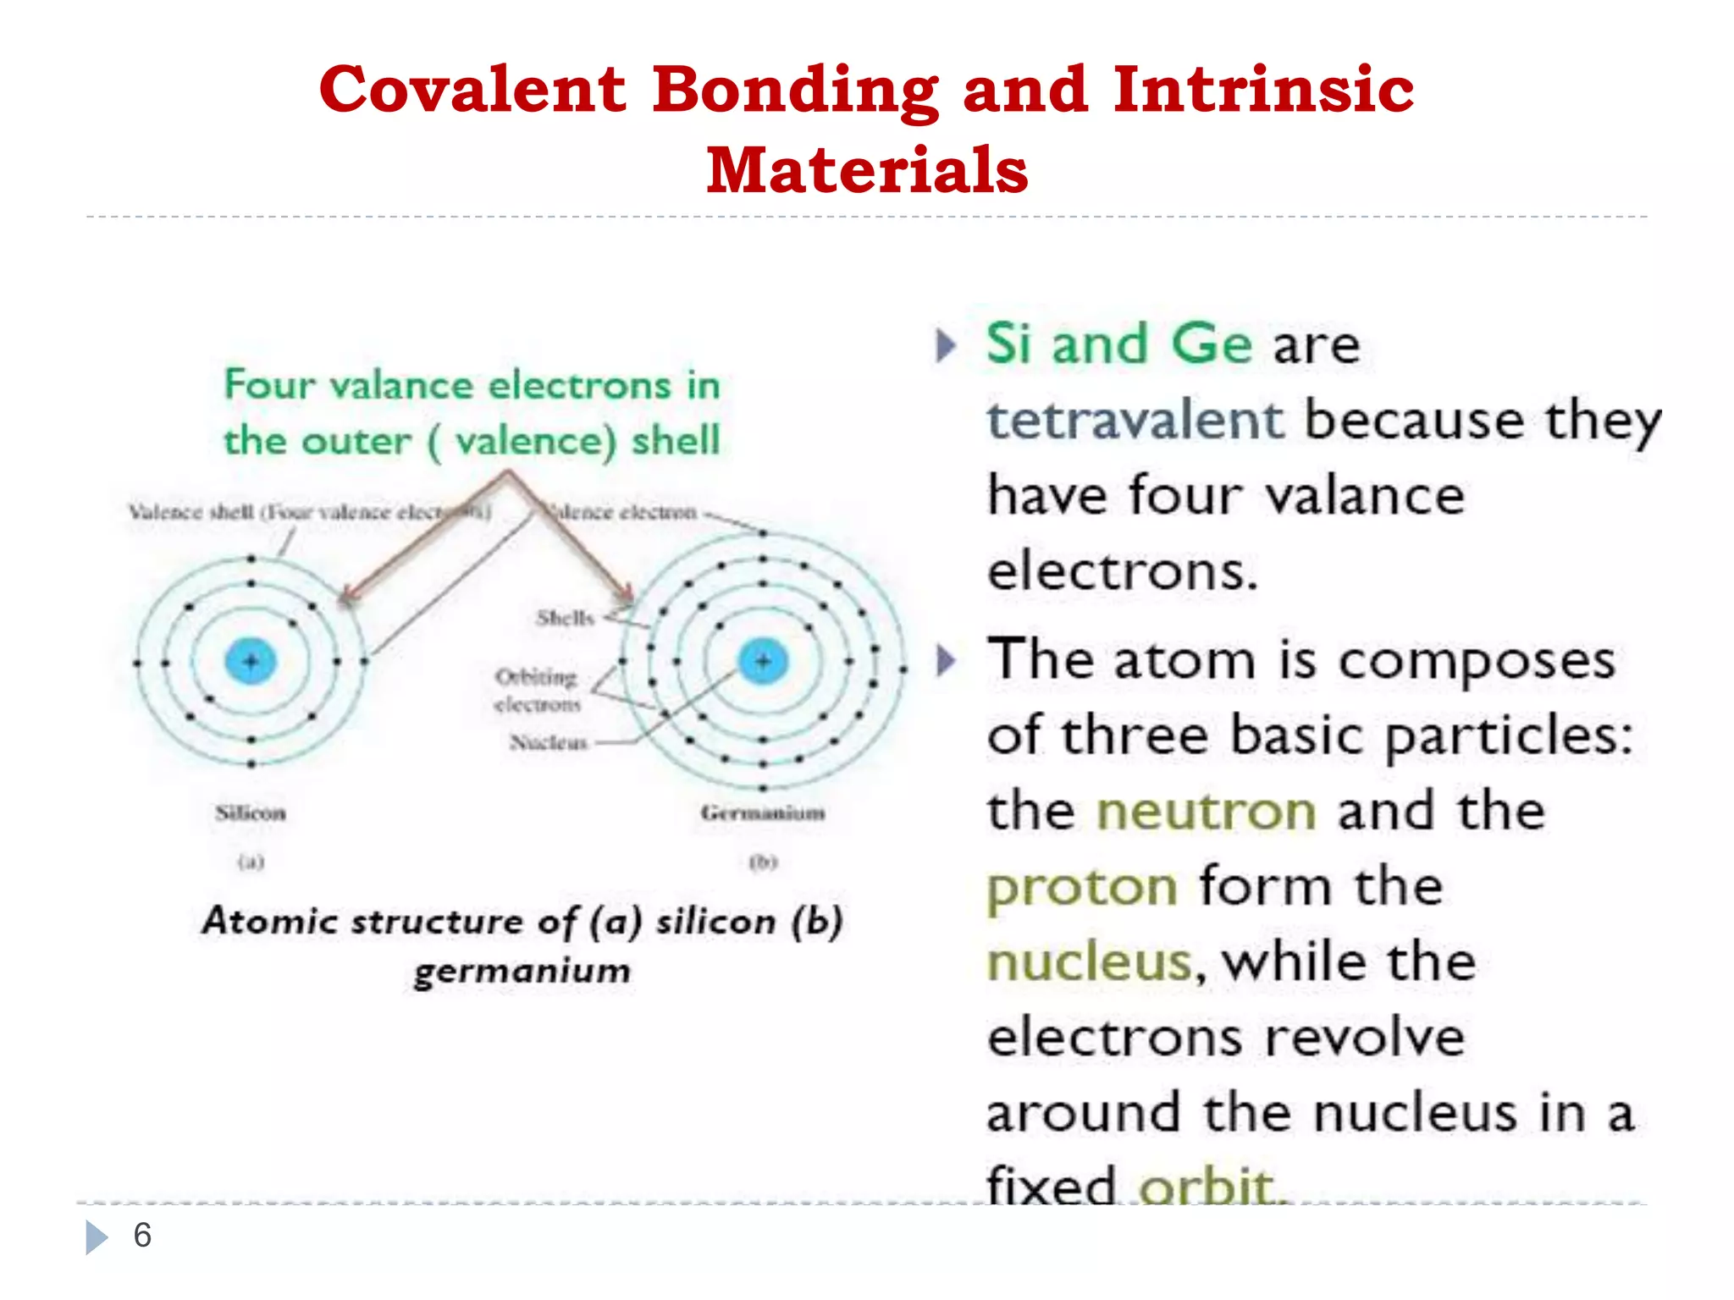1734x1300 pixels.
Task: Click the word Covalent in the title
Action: (x=472, y=90)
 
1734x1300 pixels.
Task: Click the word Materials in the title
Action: (x=867, y=170)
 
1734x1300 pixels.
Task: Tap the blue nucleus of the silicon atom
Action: (x=251, y=661)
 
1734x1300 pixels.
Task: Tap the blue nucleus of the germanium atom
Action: (x=763, y=661)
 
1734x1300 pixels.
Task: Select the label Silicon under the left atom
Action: (x=251, y=813)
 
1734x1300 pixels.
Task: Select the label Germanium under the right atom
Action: (x=763, y=813)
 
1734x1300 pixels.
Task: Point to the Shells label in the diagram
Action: (x=565, y=618)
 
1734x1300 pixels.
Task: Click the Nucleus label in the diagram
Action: (x=549, y=742)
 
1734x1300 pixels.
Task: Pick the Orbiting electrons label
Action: (x=537, y=690)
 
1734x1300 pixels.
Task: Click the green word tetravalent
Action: (x=1135, y=420)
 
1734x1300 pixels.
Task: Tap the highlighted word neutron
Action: (x=1206, y=811)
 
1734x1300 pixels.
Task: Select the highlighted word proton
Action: (x=1082, y=887)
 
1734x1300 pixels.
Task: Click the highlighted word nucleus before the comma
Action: (x=1089, y=962)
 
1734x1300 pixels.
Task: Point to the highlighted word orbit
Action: (x=1206, y=1185)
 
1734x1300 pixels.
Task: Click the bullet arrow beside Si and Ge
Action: (x=946, y=345)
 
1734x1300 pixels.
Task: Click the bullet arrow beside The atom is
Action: (x=946, y=660)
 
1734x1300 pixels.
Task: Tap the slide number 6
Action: (x=142, y=1236)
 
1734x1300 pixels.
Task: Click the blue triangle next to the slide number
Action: (x=97, y=1237)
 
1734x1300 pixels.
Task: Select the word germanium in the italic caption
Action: (x=522, y=971)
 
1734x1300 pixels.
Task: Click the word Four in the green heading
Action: (x=269, y=384)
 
